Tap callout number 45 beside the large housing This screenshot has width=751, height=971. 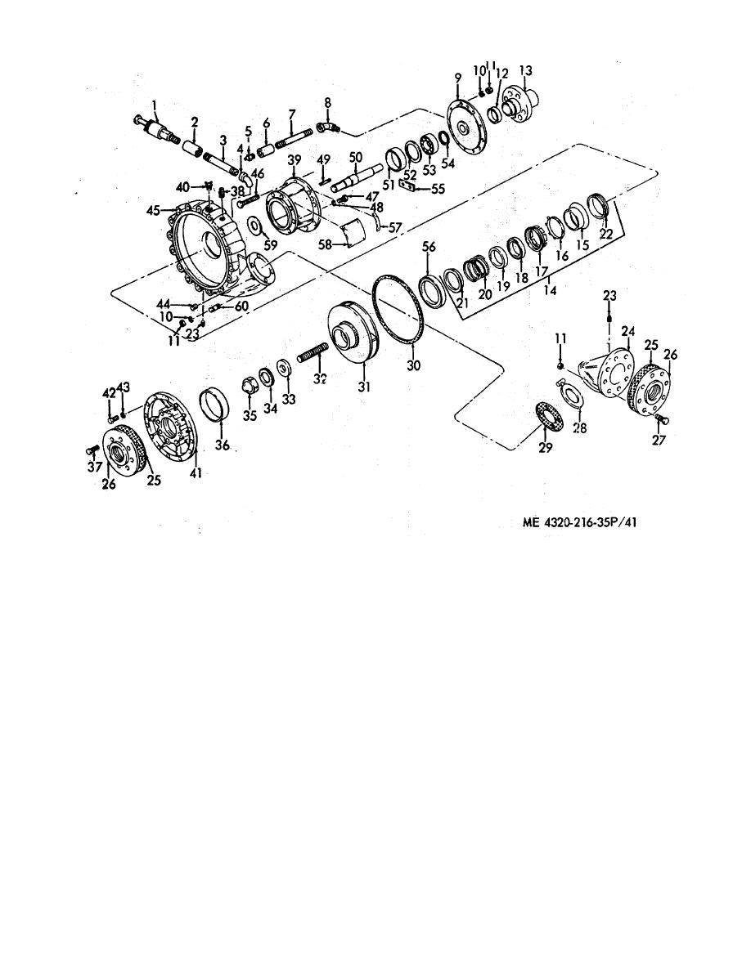[x=154, y=211]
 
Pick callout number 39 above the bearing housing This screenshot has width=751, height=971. [x=295, y=159]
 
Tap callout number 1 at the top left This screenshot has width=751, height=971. [x=155, y=104]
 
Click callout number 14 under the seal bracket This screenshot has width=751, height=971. [x=550, y=290]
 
